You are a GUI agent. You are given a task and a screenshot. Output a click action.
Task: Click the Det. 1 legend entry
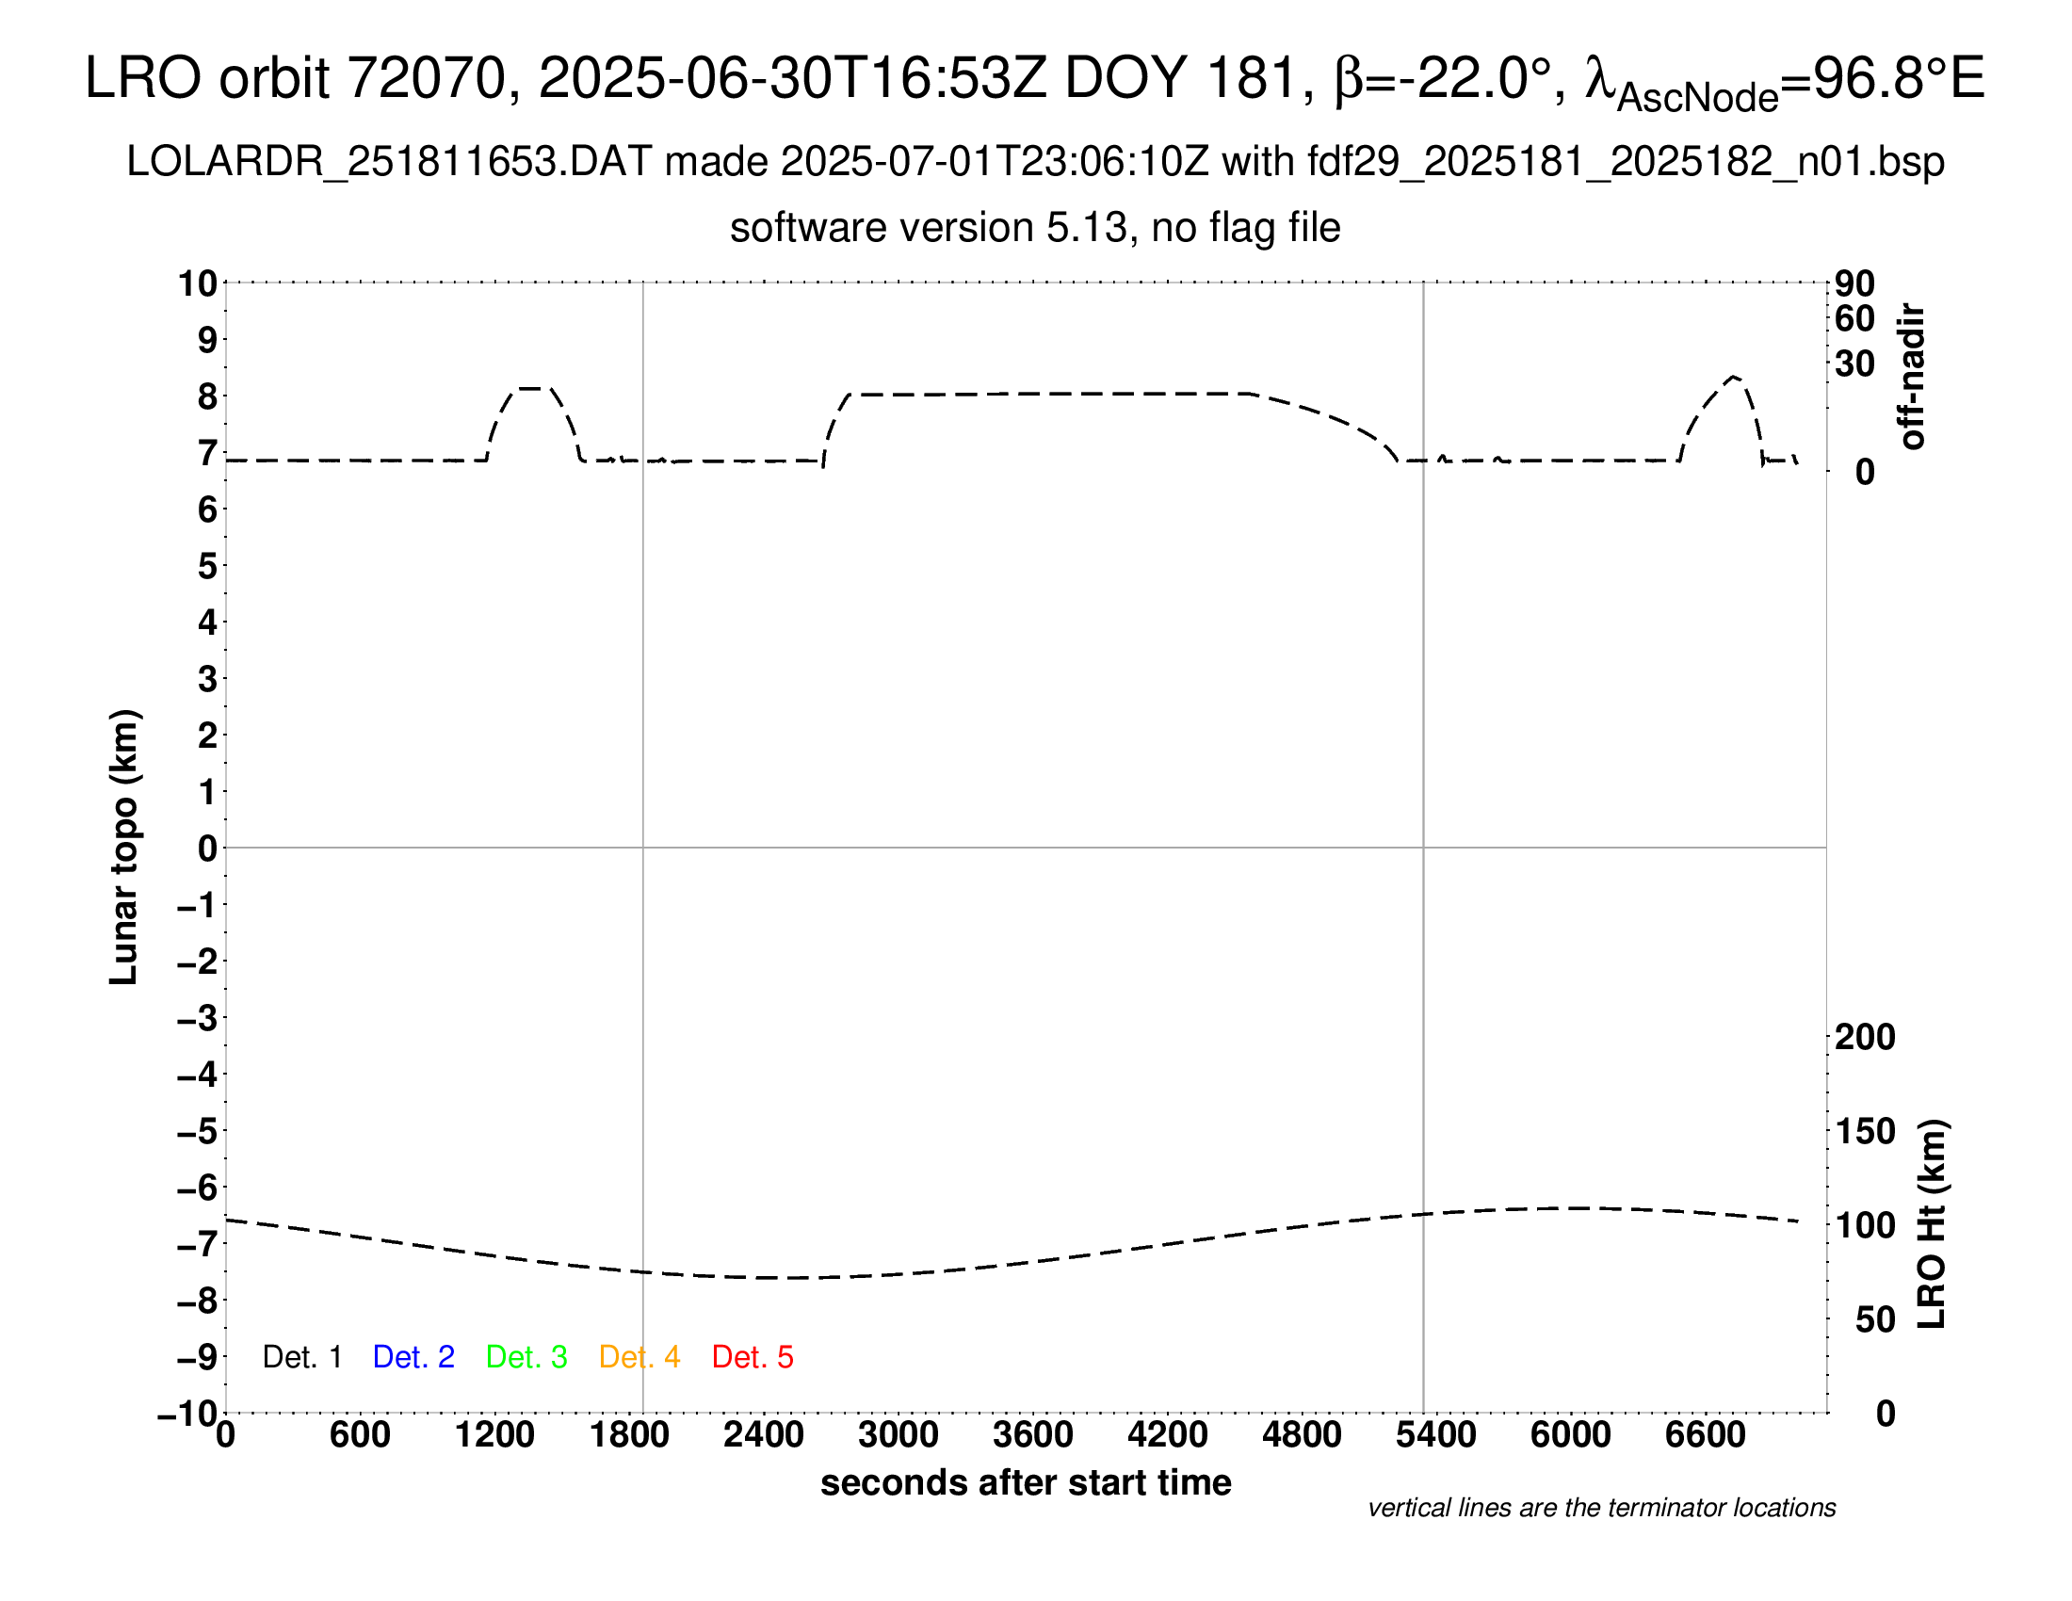(x=301, y=1357)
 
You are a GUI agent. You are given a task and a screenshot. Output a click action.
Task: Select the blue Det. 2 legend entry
(x=413, y=1357)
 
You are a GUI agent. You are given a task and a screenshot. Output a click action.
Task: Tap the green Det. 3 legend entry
(x=526, y=1357)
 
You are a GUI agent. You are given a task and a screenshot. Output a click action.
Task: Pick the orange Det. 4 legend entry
(x=639, y=1357)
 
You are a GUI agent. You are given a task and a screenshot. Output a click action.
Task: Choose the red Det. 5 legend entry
(x=753, y=1357)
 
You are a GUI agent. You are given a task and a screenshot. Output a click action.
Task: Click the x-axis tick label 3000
(x=898, y=1435)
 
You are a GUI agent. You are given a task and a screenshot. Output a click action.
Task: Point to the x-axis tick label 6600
(x=1705, y=1435)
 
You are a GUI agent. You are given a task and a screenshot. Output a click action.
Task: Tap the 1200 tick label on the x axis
(x=494, y=1435)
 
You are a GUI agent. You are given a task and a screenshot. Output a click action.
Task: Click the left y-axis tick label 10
(x=198, y=283)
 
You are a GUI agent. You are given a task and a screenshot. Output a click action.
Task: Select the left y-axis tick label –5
(x=198, y=1131)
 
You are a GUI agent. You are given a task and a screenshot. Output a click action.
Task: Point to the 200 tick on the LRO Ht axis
(x=1865, y=1038)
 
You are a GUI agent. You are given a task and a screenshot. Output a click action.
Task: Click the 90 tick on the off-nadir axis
(x=1854, y=283)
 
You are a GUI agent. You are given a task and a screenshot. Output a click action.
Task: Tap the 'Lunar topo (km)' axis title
(x=124, y=847)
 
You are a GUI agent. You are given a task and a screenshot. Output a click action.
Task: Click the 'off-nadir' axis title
(x=1912, y=377)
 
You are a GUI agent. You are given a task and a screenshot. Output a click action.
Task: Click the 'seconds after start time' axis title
(x=1026, y=1483)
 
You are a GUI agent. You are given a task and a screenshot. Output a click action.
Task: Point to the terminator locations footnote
(x=1601, y=1508)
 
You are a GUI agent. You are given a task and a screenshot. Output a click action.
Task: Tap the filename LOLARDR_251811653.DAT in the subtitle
(x=389, y=162)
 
